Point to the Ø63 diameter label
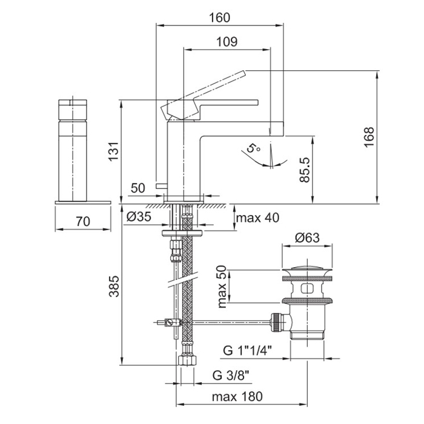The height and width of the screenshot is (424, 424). coord(308,239)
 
